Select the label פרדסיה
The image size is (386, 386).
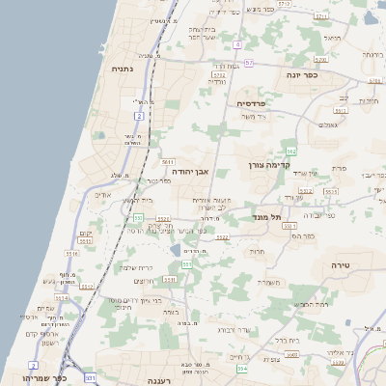(x=252, y=102)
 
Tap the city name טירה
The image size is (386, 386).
(x=339, y=263)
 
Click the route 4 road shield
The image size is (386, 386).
(x=237, y=44)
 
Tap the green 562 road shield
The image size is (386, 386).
(x=289, y=152)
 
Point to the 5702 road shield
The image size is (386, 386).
(x=219, y=73)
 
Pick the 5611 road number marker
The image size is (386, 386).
(x=168, y=162)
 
